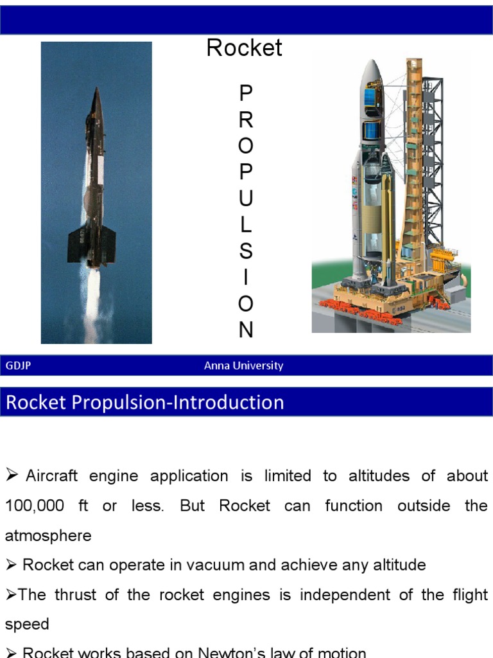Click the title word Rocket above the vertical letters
pos(244,48)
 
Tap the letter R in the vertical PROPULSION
pos(246,120)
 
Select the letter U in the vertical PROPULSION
pos(246,199)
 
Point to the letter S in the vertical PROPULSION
pos(246,251)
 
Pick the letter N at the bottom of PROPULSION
pos(246,330)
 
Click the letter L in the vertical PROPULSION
pos(246,225)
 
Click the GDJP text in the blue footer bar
pos(18,366)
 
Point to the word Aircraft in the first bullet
pos(51,476)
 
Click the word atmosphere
pos(48,536)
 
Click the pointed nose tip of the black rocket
pos(97,89)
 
